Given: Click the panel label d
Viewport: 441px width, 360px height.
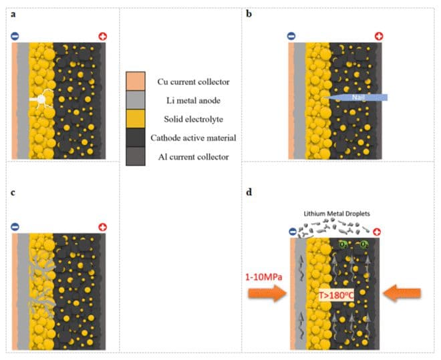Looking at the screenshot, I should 249,192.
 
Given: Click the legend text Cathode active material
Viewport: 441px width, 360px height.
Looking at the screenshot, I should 193,138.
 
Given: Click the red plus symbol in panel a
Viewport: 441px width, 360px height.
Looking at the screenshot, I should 102,37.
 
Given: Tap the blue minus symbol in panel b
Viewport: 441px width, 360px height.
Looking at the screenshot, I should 291,37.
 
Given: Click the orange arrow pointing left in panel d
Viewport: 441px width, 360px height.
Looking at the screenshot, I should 402,293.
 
